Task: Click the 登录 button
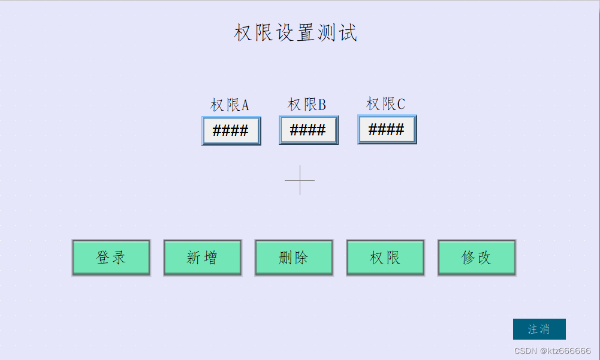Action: coord(111,258)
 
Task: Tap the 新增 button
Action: coord(203,258)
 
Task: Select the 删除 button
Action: coord(294,258)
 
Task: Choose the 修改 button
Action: coord(477,258)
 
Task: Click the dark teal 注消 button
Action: coord(539,329)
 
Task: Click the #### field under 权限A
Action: coord(231,131)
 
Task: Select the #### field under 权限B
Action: coord(308,131)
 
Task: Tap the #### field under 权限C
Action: coord(387,129)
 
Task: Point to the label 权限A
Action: coord(230,105)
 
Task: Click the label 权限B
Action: coord(307,105)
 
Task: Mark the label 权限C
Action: coord(385,104)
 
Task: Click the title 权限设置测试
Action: coord(296,32)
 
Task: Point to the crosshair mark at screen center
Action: coord(300,180)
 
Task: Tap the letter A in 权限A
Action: coord(245,106)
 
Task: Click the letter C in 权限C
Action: coord(400,105)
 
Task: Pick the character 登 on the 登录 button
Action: coord(103,258)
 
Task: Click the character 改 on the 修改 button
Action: coord(484,258)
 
